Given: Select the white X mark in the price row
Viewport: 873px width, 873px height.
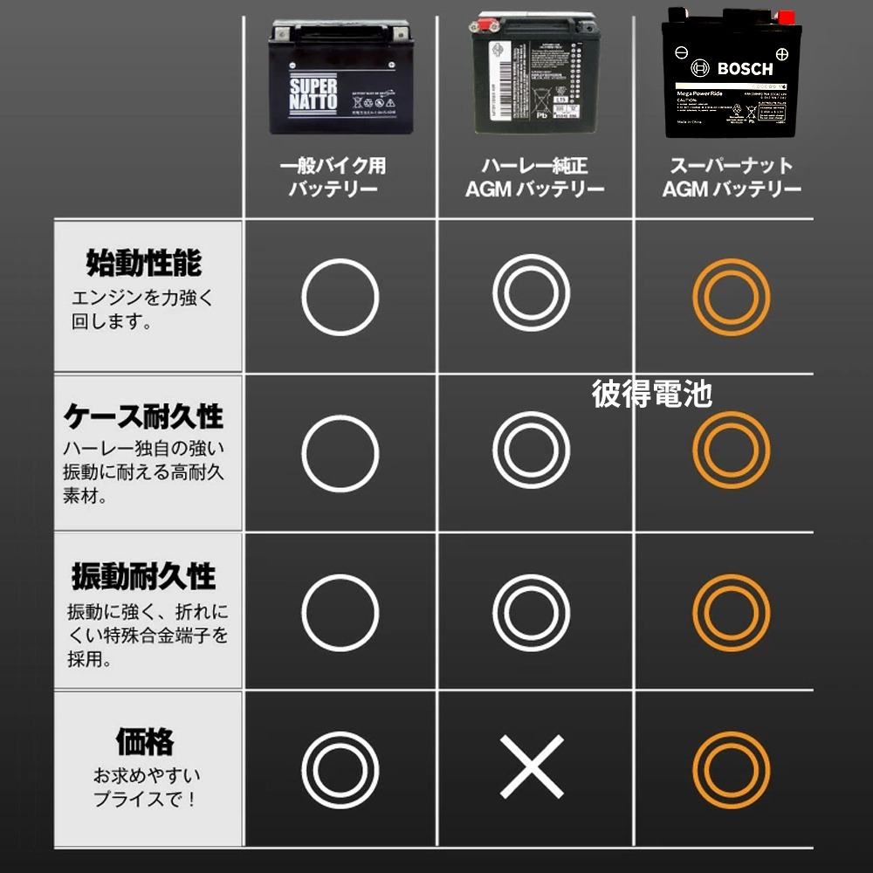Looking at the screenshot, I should [532, 767].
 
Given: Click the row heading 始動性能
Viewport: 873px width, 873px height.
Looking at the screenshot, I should [143, 262].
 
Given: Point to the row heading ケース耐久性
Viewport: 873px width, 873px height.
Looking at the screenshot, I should [144, 416].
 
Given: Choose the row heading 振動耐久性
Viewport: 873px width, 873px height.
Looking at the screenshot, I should [144, 577].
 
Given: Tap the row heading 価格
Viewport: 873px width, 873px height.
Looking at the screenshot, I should [145, 742].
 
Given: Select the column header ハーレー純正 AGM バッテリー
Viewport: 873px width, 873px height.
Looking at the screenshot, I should [534, 177].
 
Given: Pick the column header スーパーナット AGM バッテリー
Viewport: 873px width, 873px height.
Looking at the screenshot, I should [732, 177].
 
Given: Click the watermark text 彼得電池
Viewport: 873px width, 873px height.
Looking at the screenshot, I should [651, 394].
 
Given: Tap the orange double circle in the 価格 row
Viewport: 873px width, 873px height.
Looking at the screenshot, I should [731, 771].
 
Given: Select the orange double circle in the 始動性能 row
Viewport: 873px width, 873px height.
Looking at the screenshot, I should [731, 297].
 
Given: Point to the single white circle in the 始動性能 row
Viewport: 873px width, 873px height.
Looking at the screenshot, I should [340, 297].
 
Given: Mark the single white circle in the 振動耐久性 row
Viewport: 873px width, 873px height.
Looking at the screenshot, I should [340, 611].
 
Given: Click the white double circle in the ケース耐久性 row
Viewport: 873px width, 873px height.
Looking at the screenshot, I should [532, 451].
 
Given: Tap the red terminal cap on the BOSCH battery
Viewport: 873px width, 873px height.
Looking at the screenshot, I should [787, 16].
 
